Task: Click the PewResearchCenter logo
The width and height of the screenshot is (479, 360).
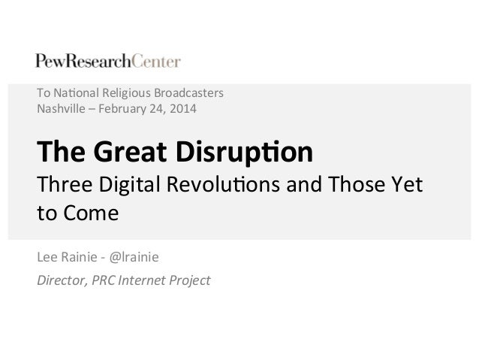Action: click(107, 61)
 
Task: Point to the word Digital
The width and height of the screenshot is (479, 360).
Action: click(119, 185)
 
